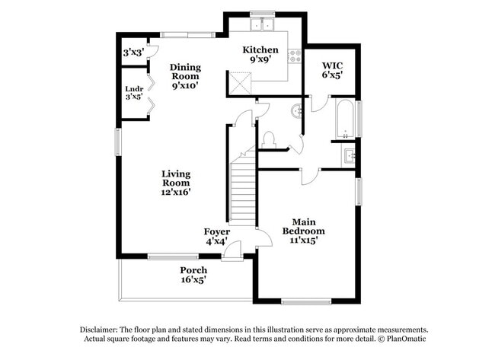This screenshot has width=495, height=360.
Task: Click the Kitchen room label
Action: (x=260, y=56)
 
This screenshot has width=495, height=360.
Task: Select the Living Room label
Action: (x=176, y=183)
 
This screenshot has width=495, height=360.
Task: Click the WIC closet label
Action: (x=332, y=70)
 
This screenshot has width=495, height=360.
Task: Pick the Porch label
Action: (x=193, y=275)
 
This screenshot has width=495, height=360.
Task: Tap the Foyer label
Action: (x=216, y=236)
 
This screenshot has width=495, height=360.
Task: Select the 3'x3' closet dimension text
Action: (x=134, y=53)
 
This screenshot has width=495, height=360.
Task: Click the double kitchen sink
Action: (x=263, y=24)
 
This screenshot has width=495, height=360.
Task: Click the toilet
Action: (x=267, y=139)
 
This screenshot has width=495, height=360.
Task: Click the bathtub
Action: (x=343, y=119)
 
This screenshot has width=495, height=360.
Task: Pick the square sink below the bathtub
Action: (x=349, y=158)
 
